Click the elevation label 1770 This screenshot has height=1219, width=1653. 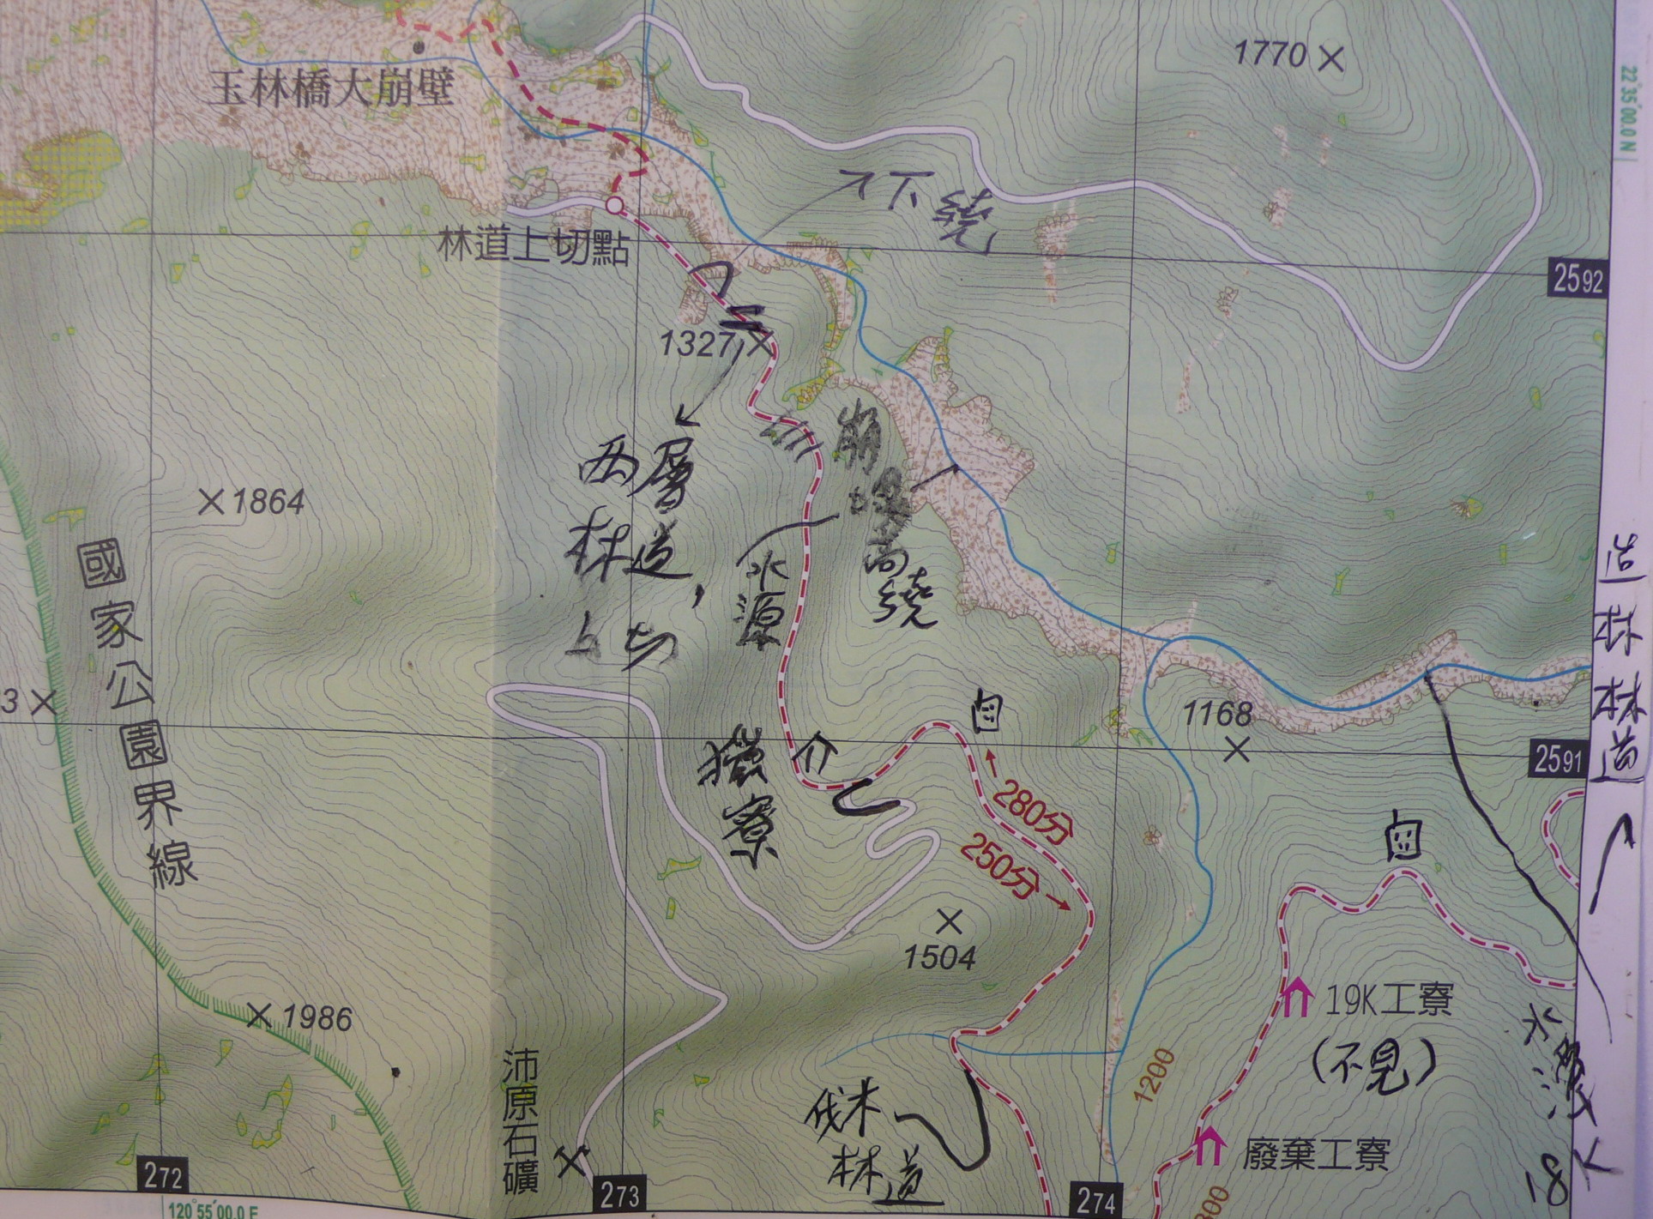pos(1269,56)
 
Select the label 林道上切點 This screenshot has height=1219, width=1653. pos(534,250)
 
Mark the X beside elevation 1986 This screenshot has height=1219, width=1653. pos(259,1017)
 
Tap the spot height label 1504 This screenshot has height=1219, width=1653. pos(940,958)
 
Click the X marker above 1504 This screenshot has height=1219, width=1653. pos(949,922)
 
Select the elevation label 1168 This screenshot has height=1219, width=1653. pos(1217,712)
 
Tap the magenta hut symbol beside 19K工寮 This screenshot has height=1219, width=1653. pos(1295,998)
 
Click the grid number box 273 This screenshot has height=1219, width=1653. pos(619,1195)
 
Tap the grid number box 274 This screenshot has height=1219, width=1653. pos(1095,1200)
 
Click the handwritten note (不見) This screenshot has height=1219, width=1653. pos(1372,1065)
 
